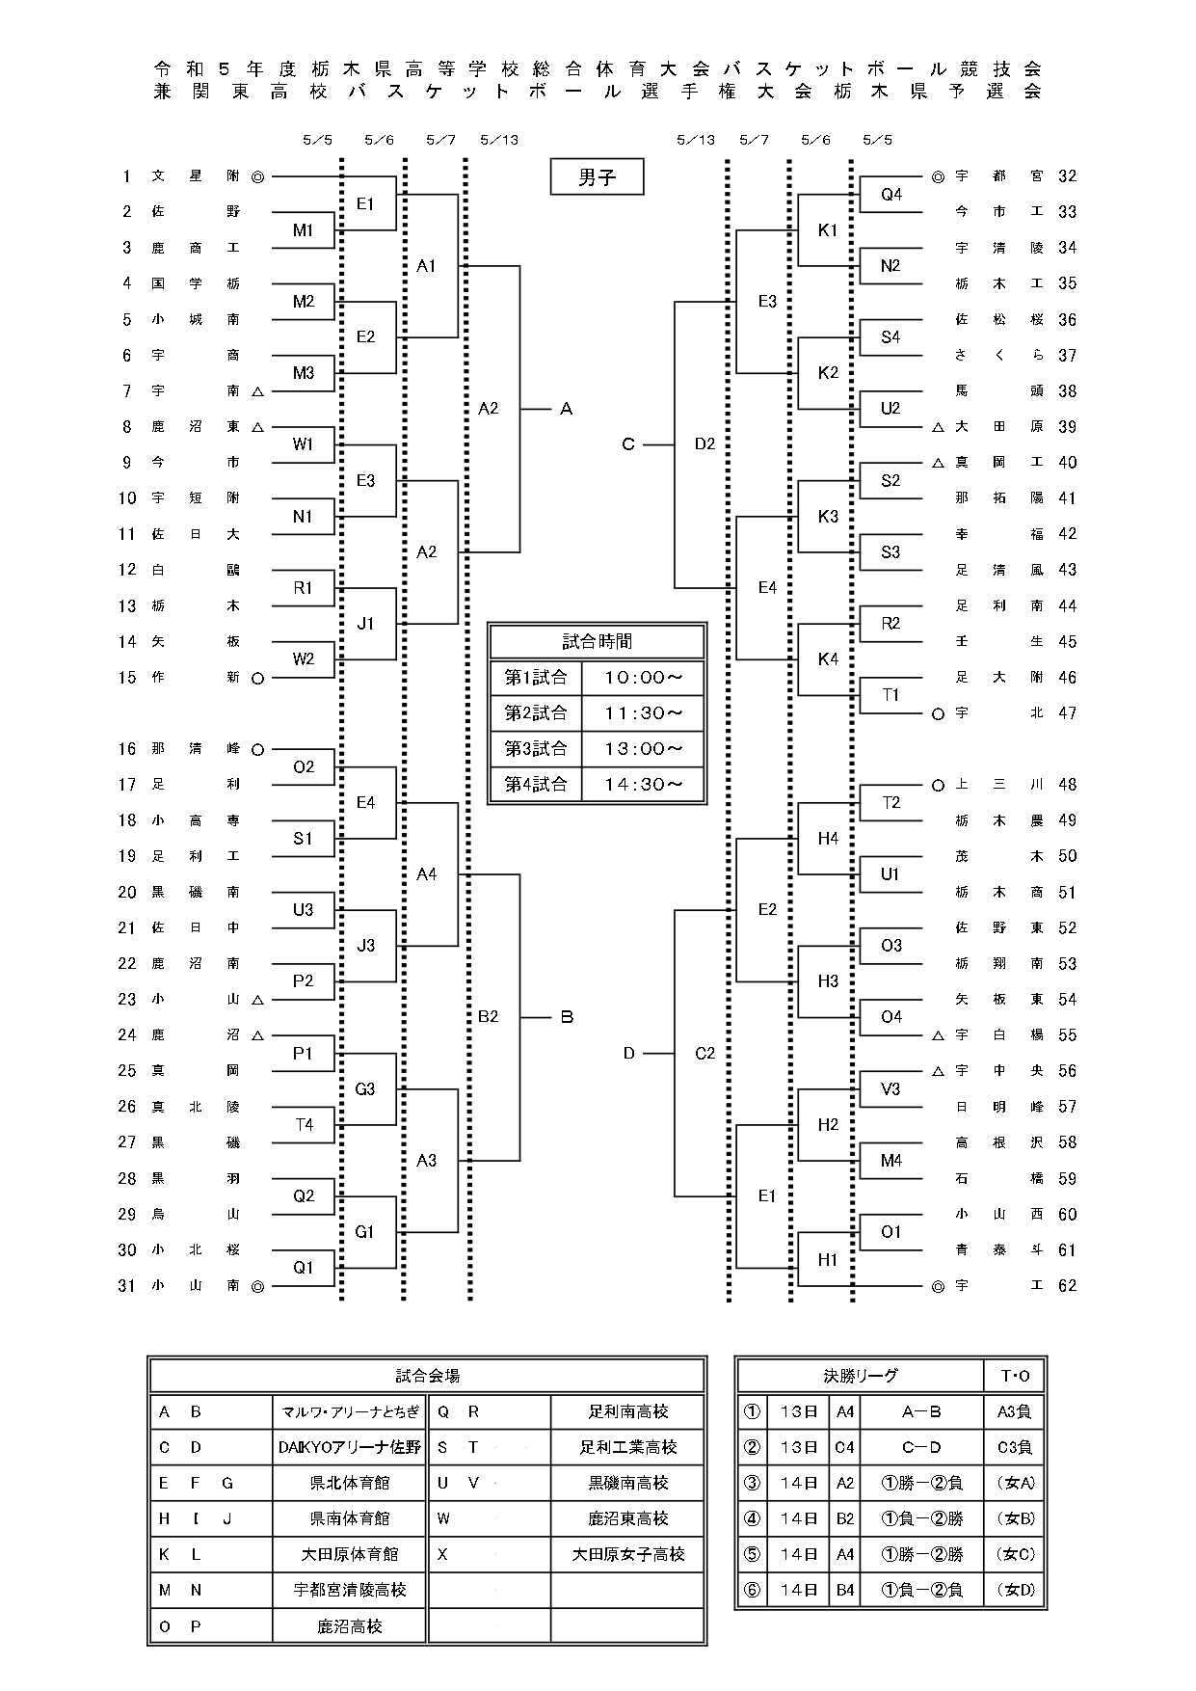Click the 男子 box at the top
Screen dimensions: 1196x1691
pyautogui.click(x=597, y=177)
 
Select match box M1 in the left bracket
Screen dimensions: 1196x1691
pyautogui.click(x=304, y=230)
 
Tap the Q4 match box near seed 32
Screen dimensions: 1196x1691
pyautogui.click(x=891, y=195)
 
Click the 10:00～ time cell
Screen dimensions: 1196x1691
pyautogui.click(x=643, y=678)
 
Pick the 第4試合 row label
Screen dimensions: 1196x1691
pyautogui.click(x=536, y=785)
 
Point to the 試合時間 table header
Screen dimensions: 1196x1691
pyautogui.click(x=598, y=641)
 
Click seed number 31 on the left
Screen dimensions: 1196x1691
pyautogui.click(x=127, y=1285)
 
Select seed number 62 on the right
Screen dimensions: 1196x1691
pyautogui.click(x=1067, y=1285)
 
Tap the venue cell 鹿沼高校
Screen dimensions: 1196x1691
pyautogui.click(x=349, y=1626)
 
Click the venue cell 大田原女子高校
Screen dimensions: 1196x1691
pyautogui.click(x=628, y=1555)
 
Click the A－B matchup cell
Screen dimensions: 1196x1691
pyautogui.click(x=921, y=1412)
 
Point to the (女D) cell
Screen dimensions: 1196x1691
pyautogui.click(x=1015, y=1591)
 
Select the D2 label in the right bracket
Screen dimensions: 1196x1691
pyautogui.click(x=705, y=444)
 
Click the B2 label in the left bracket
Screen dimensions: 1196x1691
pyautogui.click(x=489, y=1017)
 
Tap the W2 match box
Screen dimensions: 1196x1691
pyautogui.click(x=304, y=659)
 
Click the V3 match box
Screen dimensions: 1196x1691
pyautogui.click(x=891, y=1088)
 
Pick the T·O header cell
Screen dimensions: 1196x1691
pyautogui.click(x=1015, y=1376)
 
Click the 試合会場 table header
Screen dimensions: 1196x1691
pyautogui.click(x=427, y=1376)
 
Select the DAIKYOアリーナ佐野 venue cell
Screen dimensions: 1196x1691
pyautogui.click(x=349, y=1447)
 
